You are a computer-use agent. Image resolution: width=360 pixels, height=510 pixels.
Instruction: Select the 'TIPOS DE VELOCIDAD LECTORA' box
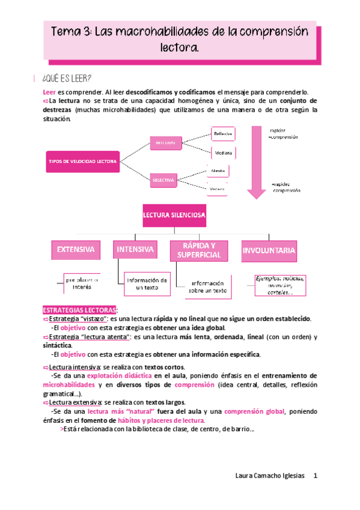(82, 161)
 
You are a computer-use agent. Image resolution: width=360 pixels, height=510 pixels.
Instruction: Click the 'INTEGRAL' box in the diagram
(166, 143)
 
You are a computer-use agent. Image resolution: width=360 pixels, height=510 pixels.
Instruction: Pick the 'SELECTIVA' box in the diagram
(163, 180)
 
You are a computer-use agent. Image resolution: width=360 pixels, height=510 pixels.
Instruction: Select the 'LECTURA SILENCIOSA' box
(174, 215)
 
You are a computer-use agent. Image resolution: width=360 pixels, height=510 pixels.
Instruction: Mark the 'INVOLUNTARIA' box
(268, 250)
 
